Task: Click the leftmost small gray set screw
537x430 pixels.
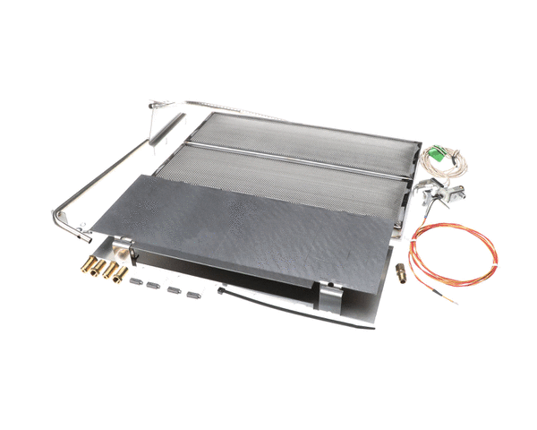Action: click(x=136, y=280)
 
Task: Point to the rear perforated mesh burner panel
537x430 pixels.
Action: click(x=304, y=134)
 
